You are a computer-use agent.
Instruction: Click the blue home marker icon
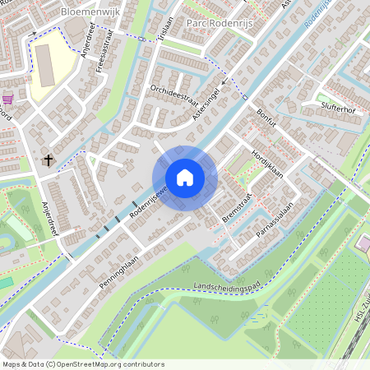point(184,178)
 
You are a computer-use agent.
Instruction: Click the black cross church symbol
point(49,160)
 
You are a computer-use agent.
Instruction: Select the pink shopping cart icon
point(8,99)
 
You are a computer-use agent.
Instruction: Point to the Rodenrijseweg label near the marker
point(148,198)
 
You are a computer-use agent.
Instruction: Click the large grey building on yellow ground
point(44,66)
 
